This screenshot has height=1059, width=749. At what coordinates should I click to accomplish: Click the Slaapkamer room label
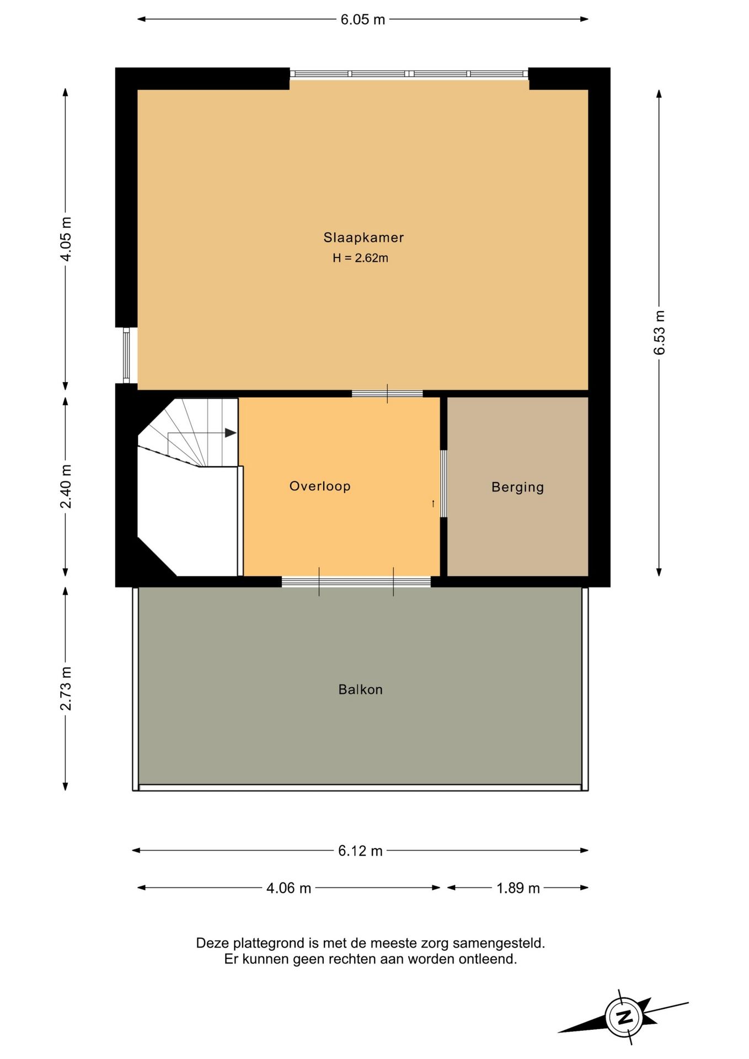point(363,238)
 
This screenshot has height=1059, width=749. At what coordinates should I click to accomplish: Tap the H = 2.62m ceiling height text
point(360,258)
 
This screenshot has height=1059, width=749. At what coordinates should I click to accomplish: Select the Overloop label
point(320,486)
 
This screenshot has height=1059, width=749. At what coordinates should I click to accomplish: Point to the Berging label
point(517,487)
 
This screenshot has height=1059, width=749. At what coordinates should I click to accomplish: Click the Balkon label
point(360,689)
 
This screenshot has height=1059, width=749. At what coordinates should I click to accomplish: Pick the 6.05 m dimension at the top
point(362,19)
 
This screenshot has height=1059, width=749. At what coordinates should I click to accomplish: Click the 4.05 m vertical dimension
point(66,239)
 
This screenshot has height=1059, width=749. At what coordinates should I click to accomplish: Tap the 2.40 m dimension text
point(66,486)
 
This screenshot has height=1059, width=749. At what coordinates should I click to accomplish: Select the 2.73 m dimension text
point(66,688)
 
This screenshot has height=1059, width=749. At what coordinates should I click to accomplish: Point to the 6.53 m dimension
point(659,333)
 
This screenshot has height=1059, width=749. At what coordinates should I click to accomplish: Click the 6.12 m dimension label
point(360,851)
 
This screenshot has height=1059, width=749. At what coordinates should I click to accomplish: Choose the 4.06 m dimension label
point(288,888)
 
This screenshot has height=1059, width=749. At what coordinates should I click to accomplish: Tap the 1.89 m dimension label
point(518,888)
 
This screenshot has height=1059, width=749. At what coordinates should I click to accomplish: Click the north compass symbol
point(624,1017)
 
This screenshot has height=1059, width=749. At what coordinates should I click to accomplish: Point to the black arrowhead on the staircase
point(231,433)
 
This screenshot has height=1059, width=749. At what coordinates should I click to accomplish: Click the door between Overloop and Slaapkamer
point(387,393)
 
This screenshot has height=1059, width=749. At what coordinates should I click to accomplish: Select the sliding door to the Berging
point(443,484)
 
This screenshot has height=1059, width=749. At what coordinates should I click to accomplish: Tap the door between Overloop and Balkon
point(356,581)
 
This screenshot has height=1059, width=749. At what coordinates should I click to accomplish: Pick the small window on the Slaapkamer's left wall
point(126,355)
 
